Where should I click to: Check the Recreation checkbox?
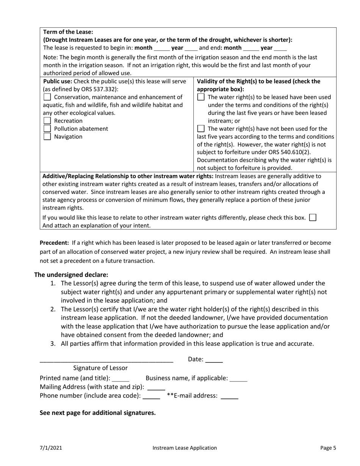click(47, 121)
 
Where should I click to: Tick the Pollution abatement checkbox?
click(47, 129)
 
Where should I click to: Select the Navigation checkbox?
click(47, 137)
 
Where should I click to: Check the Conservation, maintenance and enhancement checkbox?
click(47, 97)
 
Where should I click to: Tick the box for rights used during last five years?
click(201, 97)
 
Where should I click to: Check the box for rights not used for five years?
click(201, 129)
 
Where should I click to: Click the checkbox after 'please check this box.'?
click(313, 217)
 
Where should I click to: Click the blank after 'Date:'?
click(214, 360)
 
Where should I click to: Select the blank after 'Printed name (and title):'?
click(121, 378)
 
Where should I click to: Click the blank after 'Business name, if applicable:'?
click(239, 378)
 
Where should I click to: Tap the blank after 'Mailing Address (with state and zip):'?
click(156, 387)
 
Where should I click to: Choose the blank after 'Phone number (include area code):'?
click(152, 396)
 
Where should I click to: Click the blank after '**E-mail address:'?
click(229, 396)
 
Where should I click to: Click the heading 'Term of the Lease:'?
click(68, 32)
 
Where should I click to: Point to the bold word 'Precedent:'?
click(54, 243)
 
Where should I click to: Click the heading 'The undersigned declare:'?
click(71, 275)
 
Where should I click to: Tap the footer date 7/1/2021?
click(51, 448)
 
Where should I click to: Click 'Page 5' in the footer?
click(328, 448)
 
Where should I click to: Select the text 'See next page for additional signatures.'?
click(98, 413)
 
